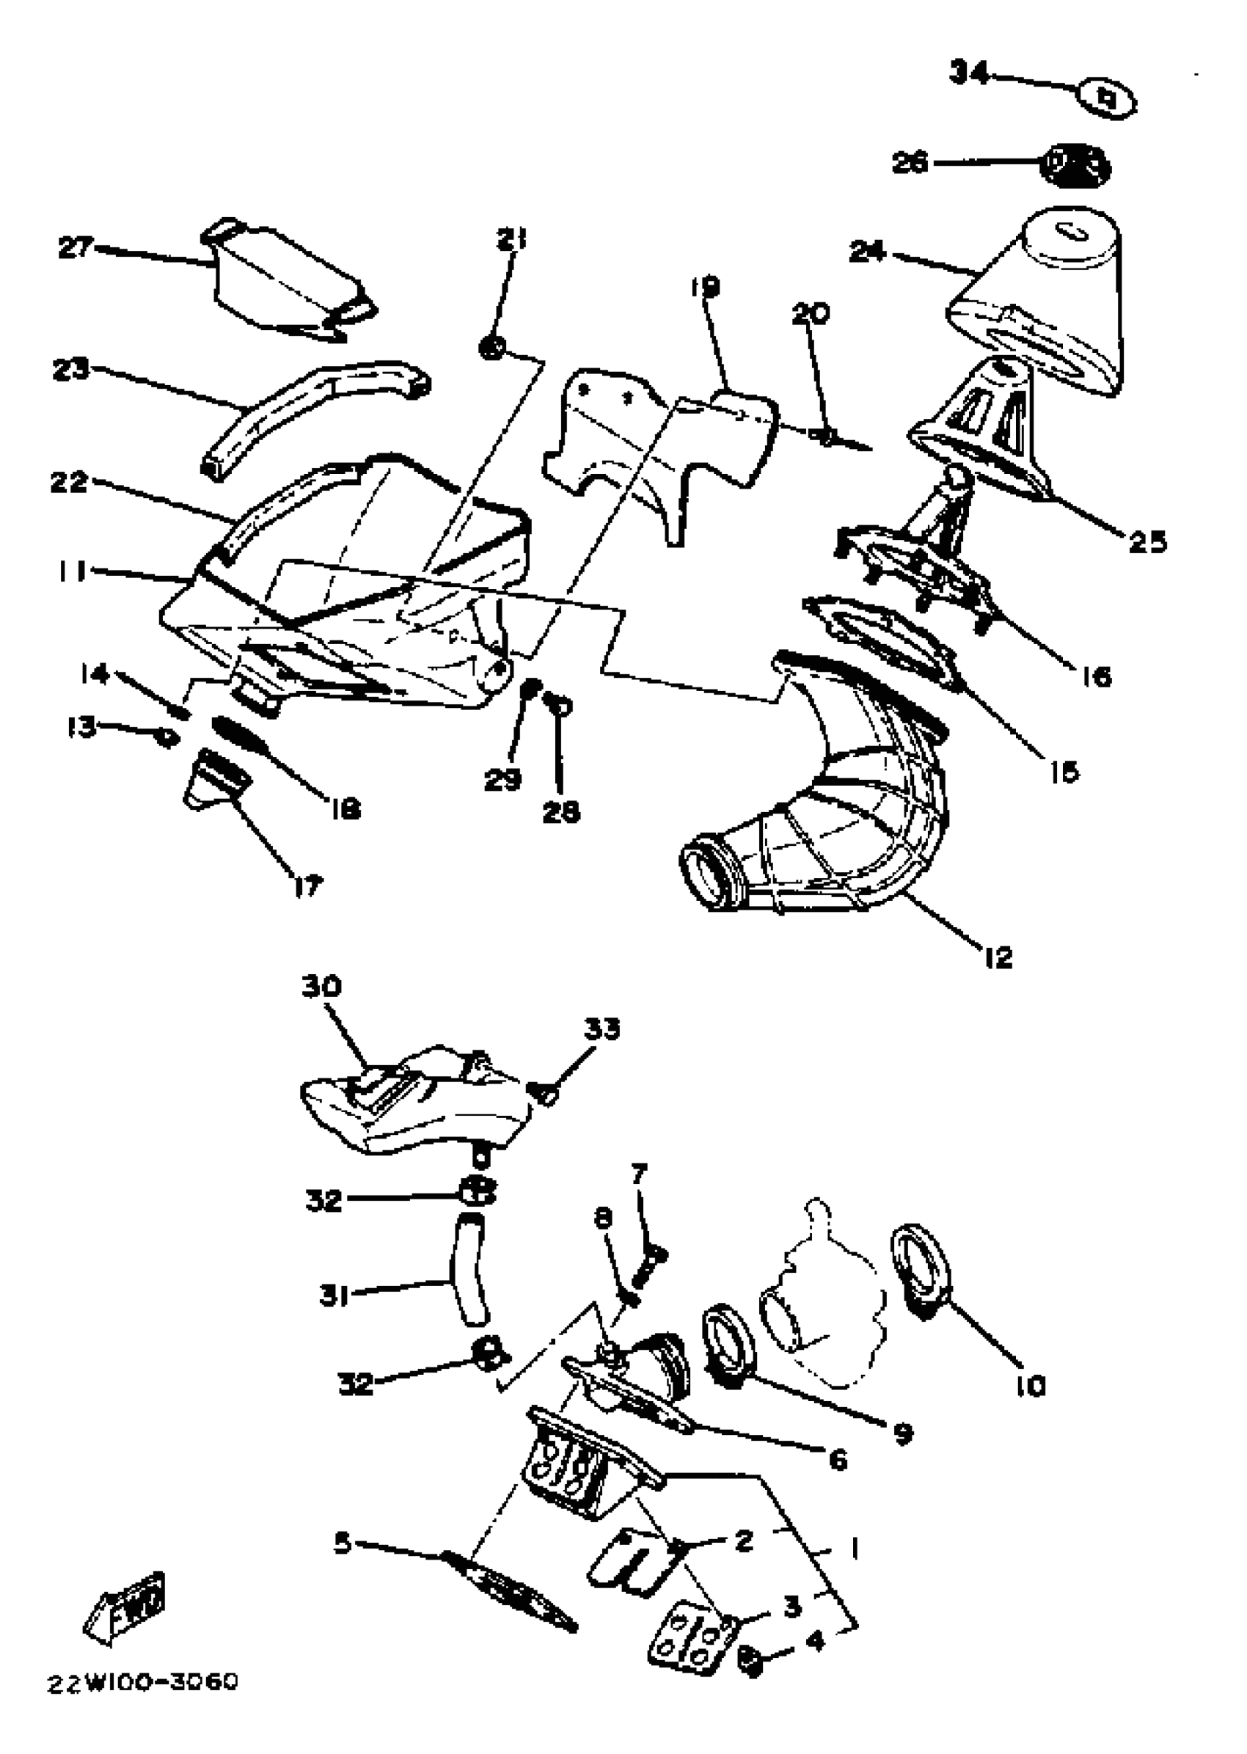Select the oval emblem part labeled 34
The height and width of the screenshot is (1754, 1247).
[1106, 99]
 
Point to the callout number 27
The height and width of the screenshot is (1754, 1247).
[76, 247]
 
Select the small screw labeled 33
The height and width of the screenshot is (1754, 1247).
[544, 1093]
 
